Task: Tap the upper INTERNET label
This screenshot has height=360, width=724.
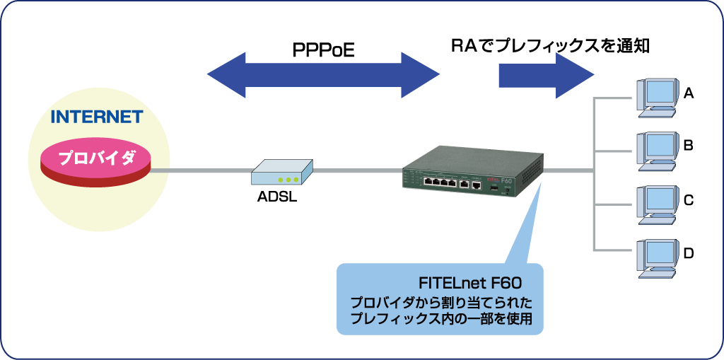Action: click(x=97, y=117)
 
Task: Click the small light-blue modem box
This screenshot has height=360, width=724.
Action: click(x=282, y=172)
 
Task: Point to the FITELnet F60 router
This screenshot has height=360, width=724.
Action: click(x=472, y=173)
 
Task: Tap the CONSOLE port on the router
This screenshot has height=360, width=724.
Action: click(x=477, y=184)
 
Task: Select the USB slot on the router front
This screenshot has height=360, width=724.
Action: click(x=494, y=187)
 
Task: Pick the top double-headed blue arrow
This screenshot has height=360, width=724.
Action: click(x=323, y=74)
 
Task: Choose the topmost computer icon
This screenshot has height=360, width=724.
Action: click(x=658, y=98)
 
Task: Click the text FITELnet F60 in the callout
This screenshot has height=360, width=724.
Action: click(x=470, y=283)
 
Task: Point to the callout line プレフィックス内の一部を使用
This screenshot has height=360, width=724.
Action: click(x=446, y=319)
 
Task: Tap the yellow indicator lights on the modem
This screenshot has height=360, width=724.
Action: click(x=288, y=180)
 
